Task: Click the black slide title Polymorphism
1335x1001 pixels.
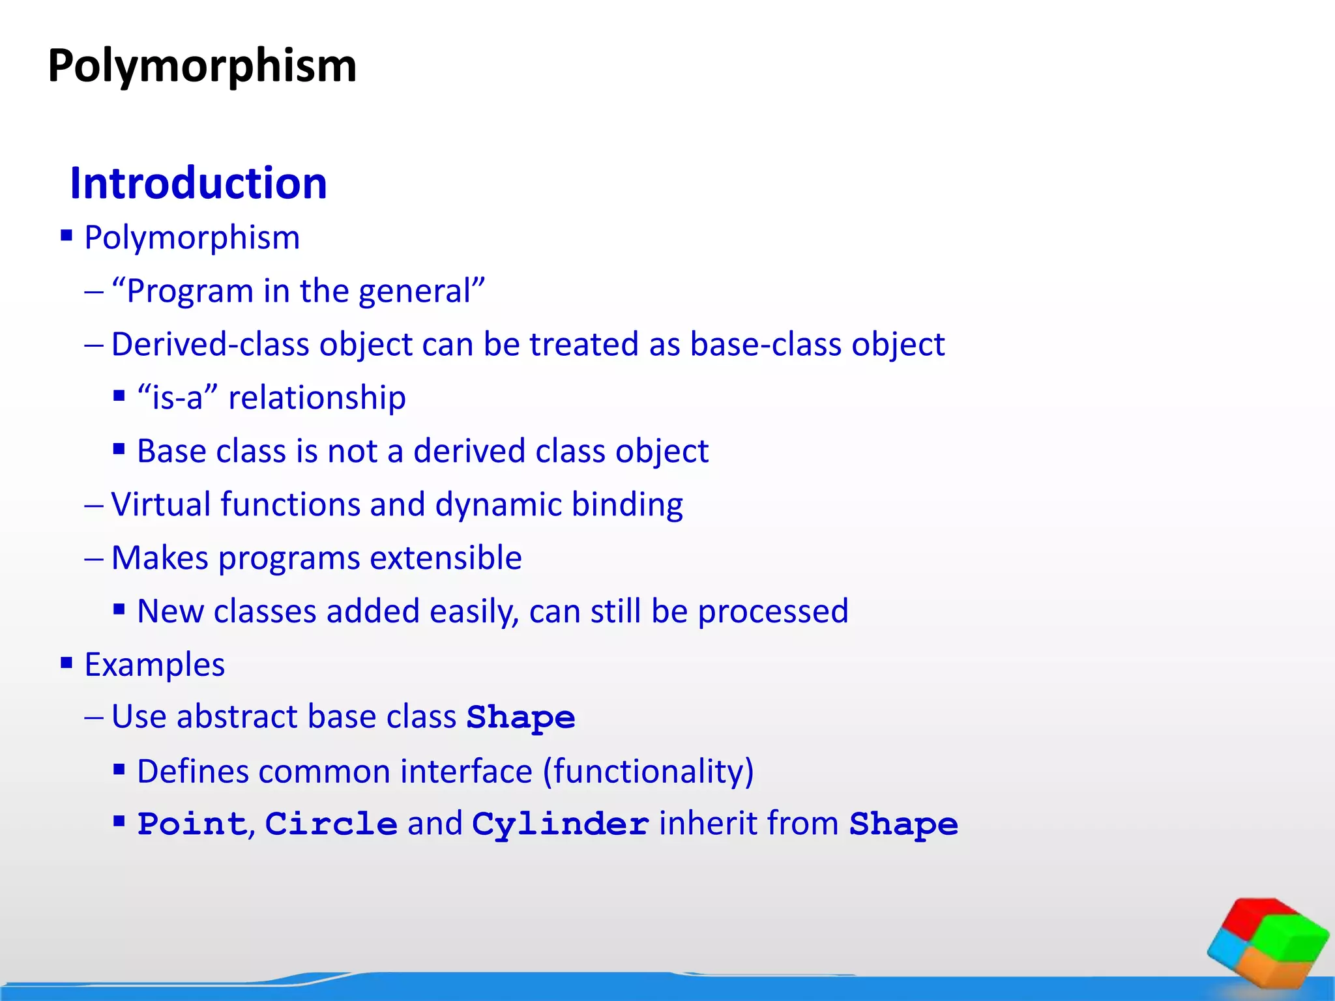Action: point(202,67)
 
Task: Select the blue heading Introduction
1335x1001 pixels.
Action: point(198,183)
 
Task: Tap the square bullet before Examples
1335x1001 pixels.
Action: point(66,663)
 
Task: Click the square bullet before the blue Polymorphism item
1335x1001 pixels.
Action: point(66,235)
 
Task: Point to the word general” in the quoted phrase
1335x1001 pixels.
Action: point(422,291)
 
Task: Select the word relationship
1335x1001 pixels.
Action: point(317,398)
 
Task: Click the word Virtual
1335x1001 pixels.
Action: point(160,504)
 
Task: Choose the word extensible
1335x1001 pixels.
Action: point(446,558)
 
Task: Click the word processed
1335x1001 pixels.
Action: point(773,612)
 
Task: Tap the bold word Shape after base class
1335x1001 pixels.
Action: point(521,718)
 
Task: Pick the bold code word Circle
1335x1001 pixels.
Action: point(331,824)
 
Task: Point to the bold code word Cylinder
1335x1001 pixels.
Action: point(560,824)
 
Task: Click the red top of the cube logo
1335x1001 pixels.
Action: point(1255,916)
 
